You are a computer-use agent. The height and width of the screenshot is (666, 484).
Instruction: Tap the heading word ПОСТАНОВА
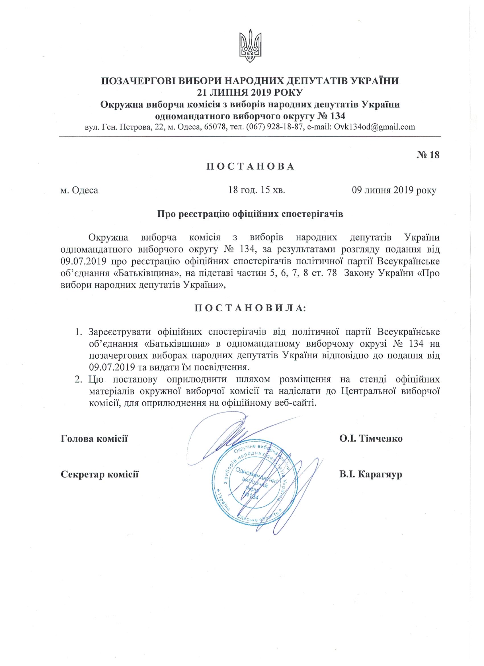pos(250,166)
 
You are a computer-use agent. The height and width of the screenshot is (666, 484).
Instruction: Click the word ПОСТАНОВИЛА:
pos(250,308)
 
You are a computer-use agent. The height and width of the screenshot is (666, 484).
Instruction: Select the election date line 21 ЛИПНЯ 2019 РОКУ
pos(250,93)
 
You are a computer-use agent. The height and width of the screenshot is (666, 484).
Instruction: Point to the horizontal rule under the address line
pos(250,137)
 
